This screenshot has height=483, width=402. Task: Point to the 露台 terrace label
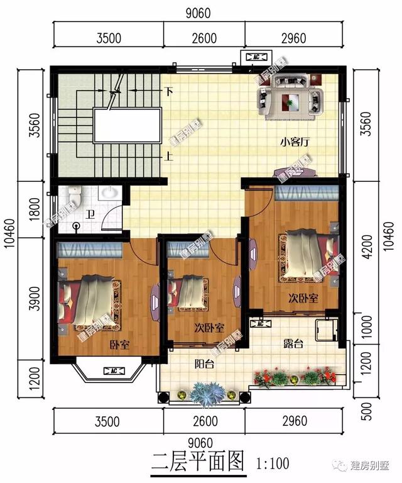point(293,343)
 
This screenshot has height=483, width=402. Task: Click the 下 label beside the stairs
point(168,91)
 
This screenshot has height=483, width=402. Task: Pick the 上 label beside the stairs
point(168,157)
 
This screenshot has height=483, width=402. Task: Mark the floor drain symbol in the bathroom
point(77,225)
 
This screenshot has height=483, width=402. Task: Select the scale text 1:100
point(273,464)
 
